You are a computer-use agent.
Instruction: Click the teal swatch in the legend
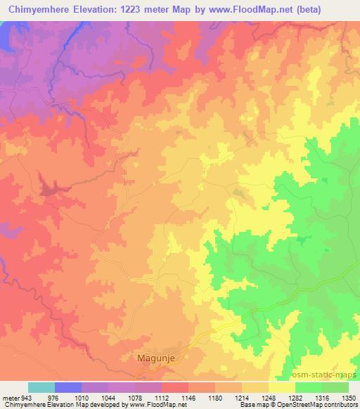pos(41,387)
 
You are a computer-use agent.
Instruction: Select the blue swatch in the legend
pos(68,387)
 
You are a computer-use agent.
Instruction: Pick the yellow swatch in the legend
pos(281,387)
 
